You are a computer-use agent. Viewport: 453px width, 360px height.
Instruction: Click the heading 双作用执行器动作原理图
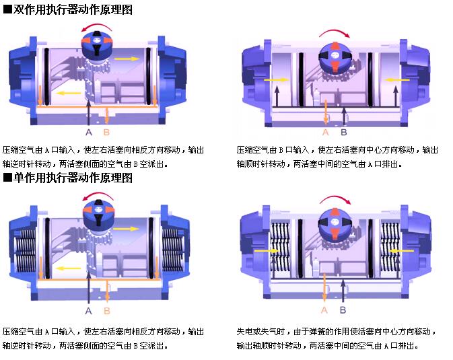(x=73, y=9)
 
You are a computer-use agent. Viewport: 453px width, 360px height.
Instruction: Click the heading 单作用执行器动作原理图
(x=73, y=178)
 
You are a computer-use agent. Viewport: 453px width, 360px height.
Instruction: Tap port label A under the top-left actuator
(x=89, y=133)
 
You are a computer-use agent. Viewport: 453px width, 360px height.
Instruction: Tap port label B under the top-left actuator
(x=106, y=133)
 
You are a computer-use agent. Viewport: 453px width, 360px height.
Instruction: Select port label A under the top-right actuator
(x=326, y=133)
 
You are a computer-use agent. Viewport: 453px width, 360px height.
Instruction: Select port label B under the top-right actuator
(x=344, y=133)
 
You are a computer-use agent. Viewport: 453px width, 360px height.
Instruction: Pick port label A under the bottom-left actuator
(x=89, y=311)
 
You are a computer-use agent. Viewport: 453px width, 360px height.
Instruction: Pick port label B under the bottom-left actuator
(x=107, y=311)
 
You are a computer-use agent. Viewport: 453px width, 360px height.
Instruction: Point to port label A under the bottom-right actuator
(x=324, y=310)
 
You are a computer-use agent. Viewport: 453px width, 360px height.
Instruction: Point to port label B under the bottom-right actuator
(x=343, y=310)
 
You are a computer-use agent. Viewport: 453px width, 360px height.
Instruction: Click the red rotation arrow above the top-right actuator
(x=335, y=31)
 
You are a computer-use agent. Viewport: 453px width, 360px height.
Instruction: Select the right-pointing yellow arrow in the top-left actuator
(x=127, y=59)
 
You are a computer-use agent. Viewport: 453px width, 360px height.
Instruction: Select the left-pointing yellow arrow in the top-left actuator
(x=69, y=93)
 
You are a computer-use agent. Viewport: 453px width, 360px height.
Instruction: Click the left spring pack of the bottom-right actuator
(x=279, y=247)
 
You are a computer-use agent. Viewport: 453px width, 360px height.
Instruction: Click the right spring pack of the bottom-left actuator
(x=172, y=250)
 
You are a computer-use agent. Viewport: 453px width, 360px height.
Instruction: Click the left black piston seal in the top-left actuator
(x=47, y=76)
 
